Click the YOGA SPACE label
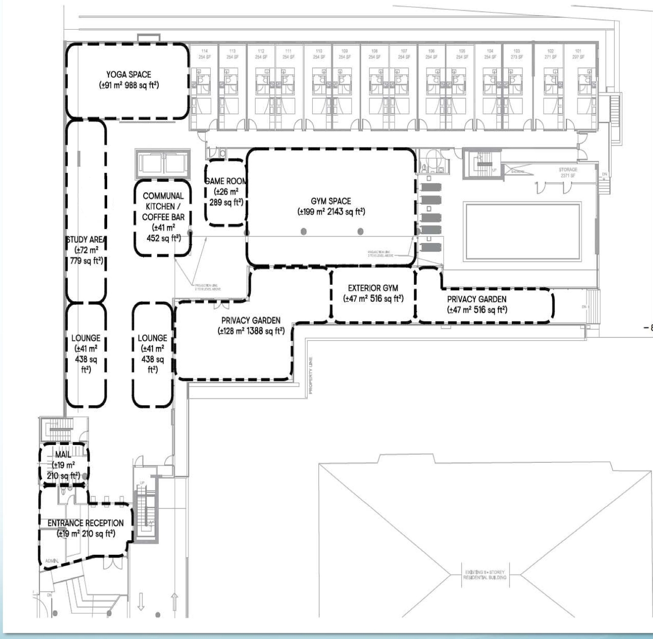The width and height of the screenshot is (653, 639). [x=129, y=75]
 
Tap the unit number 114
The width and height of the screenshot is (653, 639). [x=205, y=52]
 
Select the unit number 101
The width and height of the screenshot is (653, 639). [x=578, y=52]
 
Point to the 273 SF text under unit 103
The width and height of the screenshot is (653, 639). [x=517, y=57]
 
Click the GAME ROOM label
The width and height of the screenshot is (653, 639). [x=225, y=181]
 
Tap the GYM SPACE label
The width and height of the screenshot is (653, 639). [x=331, y=201]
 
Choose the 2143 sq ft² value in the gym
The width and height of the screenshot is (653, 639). [x=345, y=212]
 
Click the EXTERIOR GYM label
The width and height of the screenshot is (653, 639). [x=373, y=288]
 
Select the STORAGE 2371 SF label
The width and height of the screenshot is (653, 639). [x=567, y=172]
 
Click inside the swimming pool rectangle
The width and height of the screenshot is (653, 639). [x=522, y=232]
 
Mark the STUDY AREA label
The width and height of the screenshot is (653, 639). [x=86, y=239]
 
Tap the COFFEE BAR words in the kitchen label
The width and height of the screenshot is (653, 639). [x=163, y=217]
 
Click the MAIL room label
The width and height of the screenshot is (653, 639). [x=63, y=454]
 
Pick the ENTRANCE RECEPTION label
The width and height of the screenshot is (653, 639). [x=86, y=523]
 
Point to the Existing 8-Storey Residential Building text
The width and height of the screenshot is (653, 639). [x=485, y=575]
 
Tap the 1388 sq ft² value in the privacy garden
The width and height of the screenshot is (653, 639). [x=262, y=331]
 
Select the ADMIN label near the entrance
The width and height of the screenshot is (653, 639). [x=52, y=560]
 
